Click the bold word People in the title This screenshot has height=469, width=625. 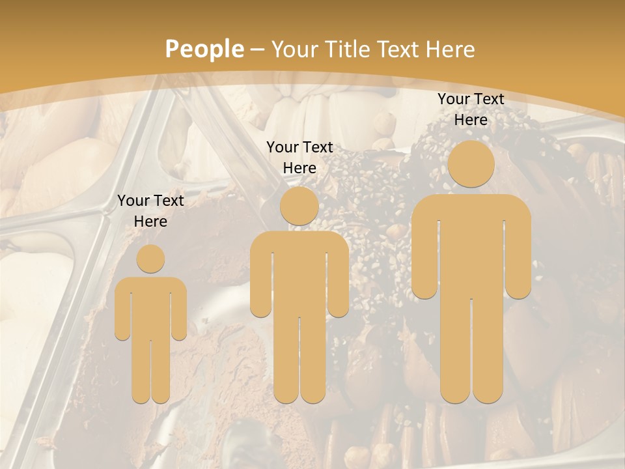click(204, 49)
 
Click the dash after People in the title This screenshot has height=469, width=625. click(257, 50)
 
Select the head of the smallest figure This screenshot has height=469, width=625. click(150, 259)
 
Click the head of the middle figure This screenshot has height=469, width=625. click(299, 206)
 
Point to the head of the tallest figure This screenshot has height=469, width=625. click(471, 164)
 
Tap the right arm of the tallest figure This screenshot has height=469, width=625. click(518, 254)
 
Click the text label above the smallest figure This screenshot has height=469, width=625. click(150, 211)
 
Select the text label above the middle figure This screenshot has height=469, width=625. click(299, 158)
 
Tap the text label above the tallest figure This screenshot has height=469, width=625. click(471, 109)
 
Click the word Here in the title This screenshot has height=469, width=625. click(450, 49)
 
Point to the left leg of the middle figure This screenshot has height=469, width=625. click(286, 358)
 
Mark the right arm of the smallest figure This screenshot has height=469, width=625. click(179, 309)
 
